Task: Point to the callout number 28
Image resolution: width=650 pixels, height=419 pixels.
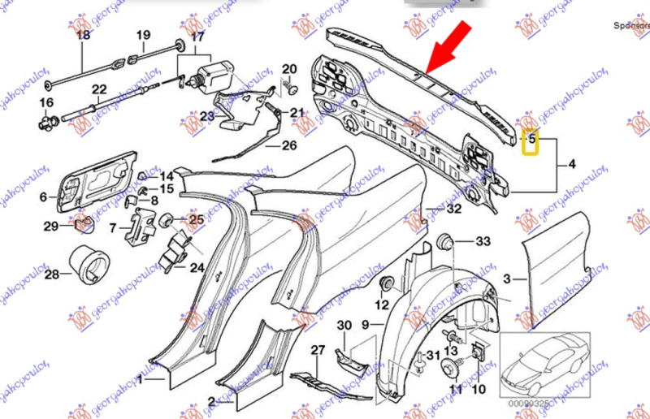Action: [x=52, y=275]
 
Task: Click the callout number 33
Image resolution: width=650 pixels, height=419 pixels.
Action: [x=483, y=242]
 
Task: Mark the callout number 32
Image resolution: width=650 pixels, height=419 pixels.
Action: [x=453, y=209]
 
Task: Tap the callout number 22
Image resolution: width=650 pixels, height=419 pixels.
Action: [x=99, y=89]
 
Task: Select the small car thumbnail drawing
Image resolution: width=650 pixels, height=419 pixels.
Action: [x=544, y=362]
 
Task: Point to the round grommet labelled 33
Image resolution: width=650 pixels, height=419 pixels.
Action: [x=445, y=241]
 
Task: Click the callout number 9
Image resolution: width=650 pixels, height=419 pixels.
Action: [x=366, y=326]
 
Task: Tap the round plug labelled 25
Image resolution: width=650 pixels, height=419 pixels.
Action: [x=167, y=218]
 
